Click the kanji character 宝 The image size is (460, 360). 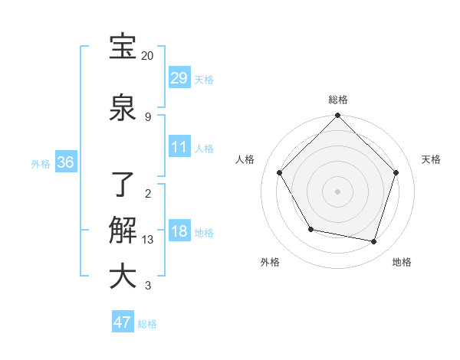tap(123, 47)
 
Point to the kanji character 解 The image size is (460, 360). tap(123, 231)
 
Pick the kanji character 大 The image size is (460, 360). tap(123, 276)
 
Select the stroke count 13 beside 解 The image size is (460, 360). tap(148, 240)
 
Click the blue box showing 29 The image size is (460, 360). tap(179, 77)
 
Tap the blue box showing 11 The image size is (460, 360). tap(179, 147)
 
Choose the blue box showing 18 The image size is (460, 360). tap(179, 232)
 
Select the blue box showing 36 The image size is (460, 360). tap(65, 162)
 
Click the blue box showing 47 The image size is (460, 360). tap(123, 322)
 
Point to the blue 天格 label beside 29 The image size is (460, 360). tap(204, 79)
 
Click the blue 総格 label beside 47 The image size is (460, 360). tap(147, 324)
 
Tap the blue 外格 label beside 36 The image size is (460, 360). tap(41, 164)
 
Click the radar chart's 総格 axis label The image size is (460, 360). tap(337, 100)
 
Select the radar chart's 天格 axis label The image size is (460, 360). tap(432, 159)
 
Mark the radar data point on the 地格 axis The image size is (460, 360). tap(373, 241)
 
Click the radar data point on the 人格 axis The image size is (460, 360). tap(280, 172)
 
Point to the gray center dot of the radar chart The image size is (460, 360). tap(337, 191)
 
